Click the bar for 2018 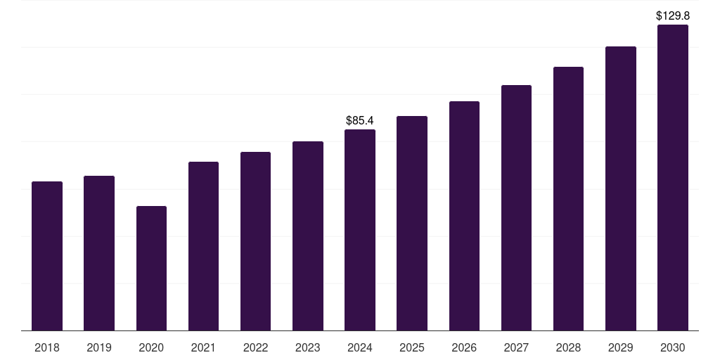click(x=47, y=256)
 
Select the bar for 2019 click(x=99, y=253)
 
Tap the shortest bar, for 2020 click(x=151, y=268)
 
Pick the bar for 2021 click(x=203, y=246)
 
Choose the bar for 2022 click(x=255, y=241)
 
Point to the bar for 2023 click(x=308, y=236)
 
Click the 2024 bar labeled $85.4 click(x=360, y=230)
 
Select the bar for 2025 click(x=412, y=223)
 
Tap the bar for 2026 click(x=464, y=216)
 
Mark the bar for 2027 click(x=516, y=207)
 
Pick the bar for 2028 click(x=568, y=198)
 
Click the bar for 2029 click(x=620, y=188)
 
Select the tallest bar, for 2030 click(x=673, y=177)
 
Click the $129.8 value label click(x=673, y=15)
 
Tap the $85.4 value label click(x=360, y=120)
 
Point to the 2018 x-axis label click(x=47, y=347)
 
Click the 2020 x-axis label click(x=151, y=347)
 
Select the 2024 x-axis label click(x=360, y=347)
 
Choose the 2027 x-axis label click(x=516, y=347)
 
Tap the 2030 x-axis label click(x=673, y=347)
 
